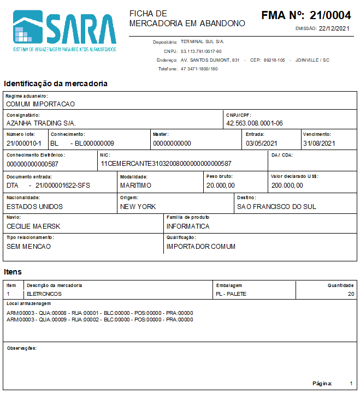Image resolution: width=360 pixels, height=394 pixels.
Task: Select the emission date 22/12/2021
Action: pos(334,28)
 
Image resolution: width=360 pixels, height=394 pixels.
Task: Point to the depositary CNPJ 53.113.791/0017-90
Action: pos(201,51)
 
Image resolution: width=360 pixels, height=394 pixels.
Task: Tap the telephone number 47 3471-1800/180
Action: pos(199,69)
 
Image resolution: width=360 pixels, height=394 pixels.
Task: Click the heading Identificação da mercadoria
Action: pos(55,83)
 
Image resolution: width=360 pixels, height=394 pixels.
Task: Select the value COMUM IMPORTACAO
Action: pos(40,104)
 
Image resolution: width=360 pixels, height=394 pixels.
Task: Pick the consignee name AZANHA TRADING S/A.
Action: pos(41,123)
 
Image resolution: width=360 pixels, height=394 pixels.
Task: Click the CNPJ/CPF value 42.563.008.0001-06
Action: pos(255,123)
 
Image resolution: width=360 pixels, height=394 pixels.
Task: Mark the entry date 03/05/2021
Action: pos(262,144)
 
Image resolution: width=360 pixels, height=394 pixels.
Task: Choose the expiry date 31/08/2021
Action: pos(320,144)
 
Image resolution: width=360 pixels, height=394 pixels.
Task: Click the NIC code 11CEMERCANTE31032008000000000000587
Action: pos(166,163)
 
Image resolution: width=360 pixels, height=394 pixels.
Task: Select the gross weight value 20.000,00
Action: pos(221,186)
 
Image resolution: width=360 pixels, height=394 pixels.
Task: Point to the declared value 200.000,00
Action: pos(287,186)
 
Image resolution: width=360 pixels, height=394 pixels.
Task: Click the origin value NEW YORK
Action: pos(138,207)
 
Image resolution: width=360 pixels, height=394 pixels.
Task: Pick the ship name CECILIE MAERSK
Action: pos(33,226)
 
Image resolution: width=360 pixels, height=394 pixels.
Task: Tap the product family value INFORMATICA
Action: pos(188,226)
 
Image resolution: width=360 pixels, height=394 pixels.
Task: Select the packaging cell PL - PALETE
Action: pos(231,294)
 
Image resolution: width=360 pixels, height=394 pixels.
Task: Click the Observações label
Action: pos(21,348)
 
